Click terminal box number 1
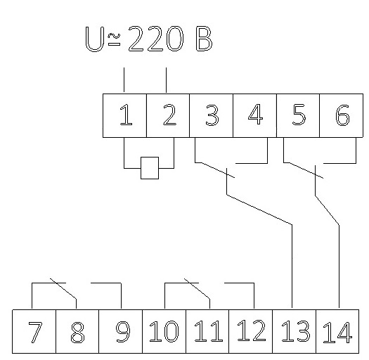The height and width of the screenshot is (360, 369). click(124, 115)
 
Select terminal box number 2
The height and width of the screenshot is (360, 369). click(168, 115)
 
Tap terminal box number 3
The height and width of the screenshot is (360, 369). click(212, 115)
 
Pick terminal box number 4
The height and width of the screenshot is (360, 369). click(255, 115)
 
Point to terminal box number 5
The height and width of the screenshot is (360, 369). click(298, 115)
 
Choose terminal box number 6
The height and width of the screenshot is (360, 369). click(341, 115)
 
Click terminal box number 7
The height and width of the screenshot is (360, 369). click(34, 331)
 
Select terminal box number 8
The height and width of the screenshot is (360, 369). click(77, 331)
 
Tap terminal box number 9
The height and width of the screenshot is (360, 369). click(120, 331)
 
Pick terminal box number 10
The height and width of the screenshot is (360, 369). click(164, 331)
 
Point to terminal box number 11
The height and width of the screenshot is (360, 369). click(207, 331)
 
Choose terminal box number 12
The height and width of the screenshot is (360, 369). click(251, 331)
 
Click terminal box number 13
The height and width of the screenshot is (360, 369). click(294, 331)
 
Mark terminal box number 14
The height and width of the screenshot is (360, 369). click(337, 331)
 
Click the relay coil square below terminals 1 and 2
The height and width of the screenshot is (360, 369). click(150, 168)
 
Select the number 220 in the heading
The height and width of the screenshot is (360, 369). click(155, 39)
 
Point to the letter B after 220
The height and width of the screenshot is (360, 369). click(204, 39)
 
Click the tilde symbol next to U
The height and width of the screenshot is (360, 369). click(114, 36)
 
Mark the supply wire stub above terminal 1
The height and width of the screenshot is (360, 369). click(124, 80)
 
